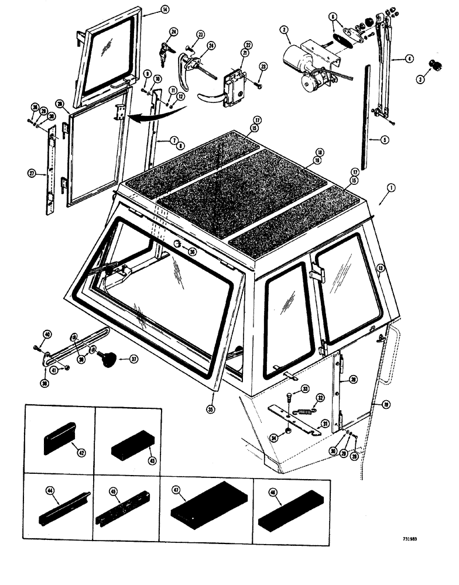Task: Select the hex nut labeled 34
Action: click(x=289, y=432)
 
